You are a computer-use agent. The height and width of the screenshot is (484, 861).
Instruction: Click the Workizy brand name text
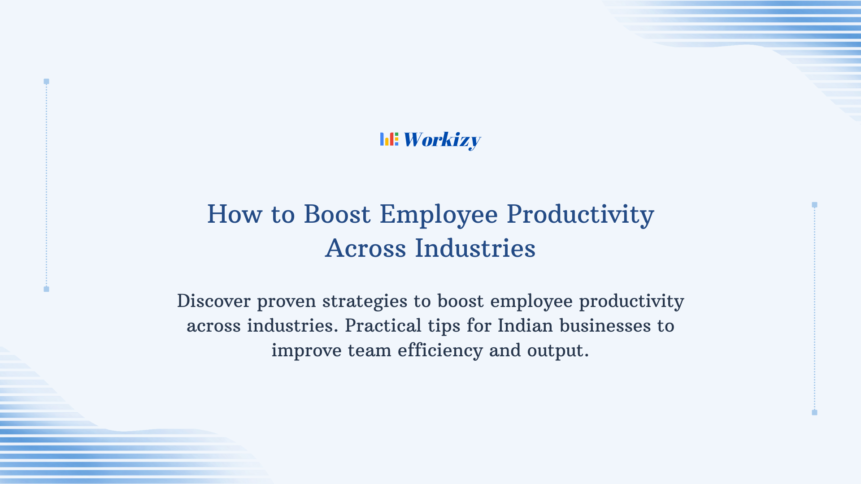click(442, 140)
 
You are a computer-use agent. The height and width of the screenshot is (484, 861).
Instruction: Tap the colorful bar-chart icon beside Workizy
click(389, 139)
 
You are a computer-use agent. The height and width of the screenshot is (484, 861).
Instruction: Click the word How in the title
click(235, 214)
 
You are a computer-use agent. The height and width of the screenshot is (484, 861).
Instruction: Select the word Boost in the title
click(337, 214)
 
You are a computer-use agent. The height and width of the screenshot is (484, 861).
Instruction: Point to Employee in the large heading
click(439, 214)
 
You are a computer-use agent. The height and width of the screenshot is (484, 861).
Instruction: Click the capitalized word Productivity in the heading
click(580, 214)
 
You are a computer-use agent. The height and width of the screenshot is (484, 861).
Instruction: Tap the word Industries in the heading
click(475, 248)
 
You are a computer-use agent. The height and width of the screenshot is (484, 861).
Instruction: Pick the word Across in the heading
click(365, 248)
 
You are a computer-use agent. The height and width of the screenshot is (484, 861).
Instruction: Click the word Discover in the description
click(213, 301)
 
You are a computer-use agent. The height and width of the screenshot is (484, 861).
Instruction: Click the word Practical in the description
click(383, 326)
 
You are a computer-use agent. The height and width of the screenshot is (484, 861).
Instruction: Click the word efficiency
click(440, 350)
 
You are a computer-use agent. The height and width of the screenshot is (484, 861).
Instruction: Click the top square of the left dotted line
click(46, 82)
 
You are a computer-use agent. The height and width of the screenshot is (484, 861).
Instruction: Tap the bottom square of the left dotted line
click(46, 289)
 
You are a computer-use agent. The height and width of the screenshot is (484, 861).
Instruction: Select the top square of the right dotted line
click(814, 205)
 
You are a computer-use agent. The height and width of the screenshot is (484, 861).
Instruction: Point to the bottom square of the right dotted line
click(814, 412)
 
